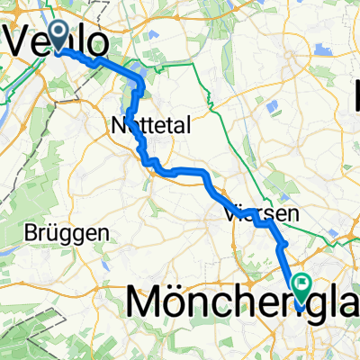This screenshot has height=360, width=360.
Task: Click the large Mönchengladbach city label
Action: (x=243, y=303)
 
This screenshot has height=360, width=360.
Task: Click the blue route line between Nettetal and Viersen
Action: (x=184, y=169)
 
